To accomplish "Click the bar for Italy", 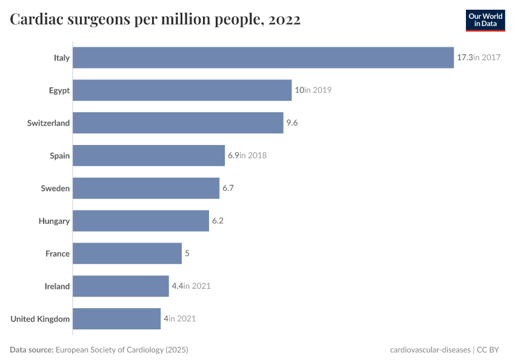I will [x=263, y=58].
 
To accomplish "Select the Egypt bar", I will [x=182, y=90].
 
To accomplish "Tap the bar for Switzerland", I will [x=178, y=123].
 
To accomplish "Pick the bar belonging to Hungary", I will [x=141, y=221].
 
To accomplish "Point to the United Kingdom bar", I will [x=116, y=318].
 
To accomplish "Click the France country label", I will [x=58, y=254].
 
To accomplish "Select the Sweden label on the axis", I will [x=55, y=189].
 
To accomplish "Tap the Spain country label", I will [x=60, y=156].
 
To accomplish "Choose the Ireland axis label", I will [x=57, y=286].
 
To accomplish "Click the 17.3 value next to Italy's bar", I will [x=465, y=58].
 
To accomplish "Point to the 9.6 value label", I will [x=292, y=123].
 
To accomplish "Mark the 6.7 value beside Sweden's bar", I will [x=228, y=189].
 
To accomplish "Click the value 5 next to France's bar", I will [x=187, y=254].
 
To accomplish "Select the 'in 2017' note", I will [x=487, y=58].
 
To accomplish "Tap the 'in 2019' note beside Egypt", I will [x=318, y=90].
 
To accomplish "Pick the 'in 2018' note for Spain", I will [x=253, y=156].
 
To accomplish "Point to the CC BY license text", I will [x=491, y=350].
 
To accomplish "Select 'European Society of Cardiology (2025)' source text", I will [x=122, y=350].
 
